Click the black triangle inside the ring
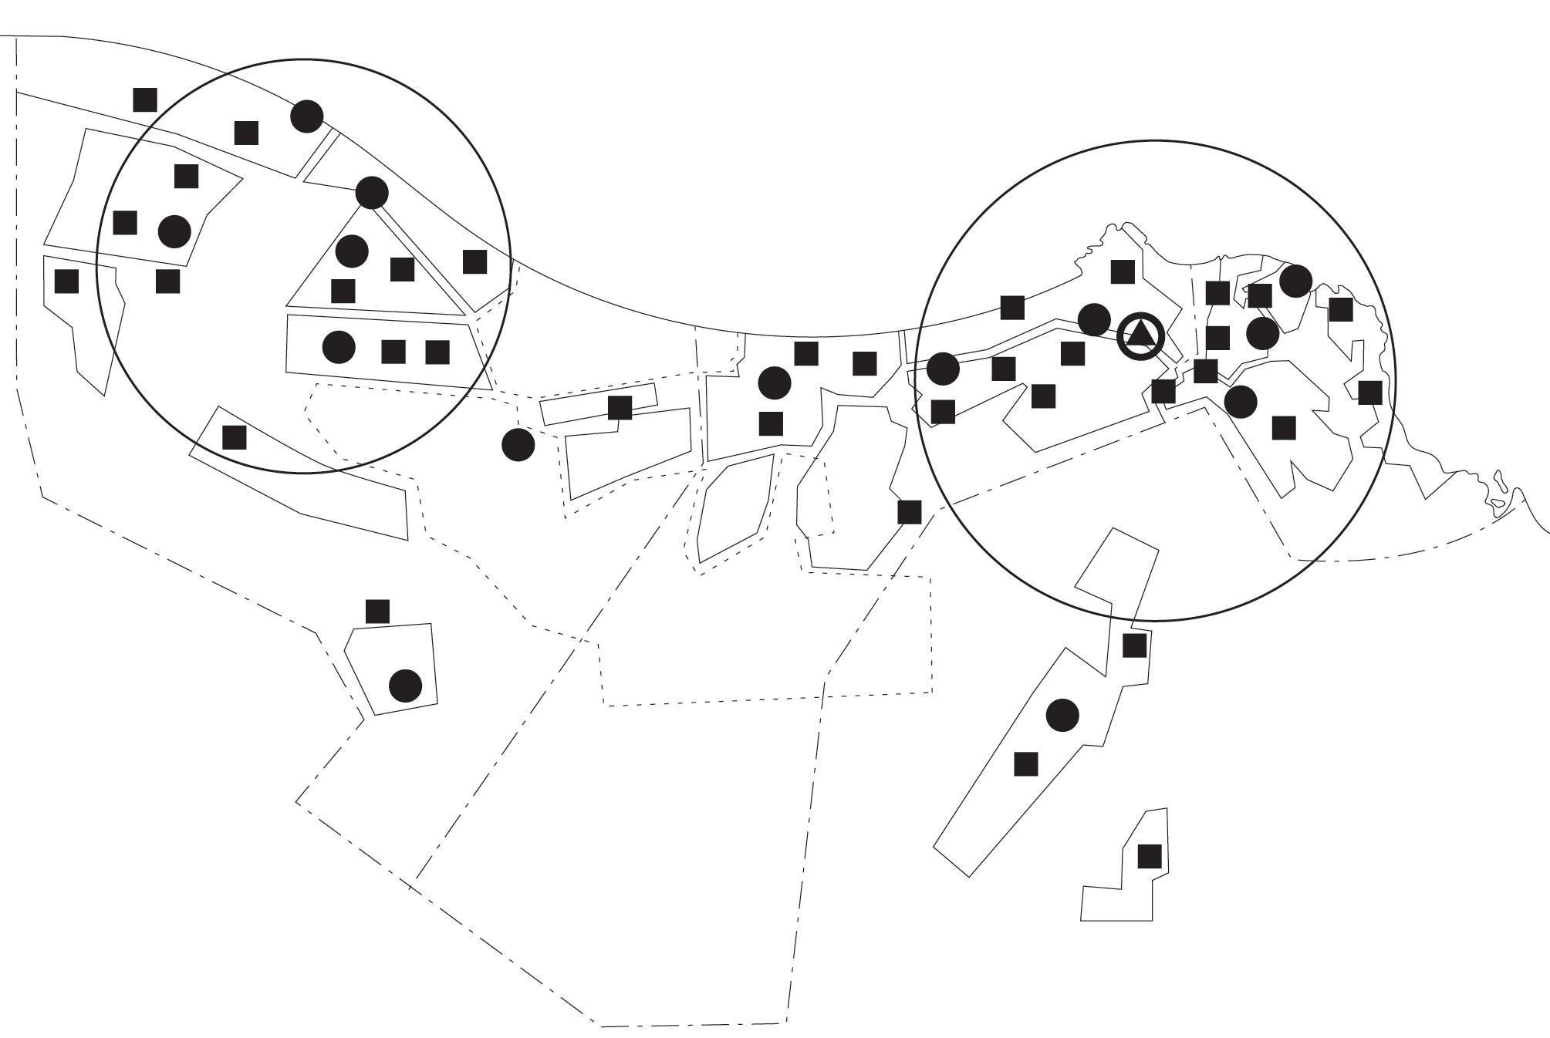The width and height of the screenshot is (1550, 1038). [1140, 335]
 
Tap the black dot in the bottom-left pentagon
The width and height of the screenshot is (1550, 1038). [405, 686]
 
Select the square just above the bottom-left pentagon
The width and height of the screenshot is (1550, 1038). [377, 612]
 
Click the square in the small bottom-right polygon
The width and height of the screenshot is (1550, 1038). [1150, 856]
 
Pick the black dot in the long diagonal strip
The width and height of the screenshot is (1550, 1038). [1062, 715]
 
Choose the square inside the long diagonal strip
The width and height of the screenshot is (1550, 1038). [1025, 763]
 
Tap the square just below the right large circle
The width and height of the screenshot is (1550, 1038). [1134, 645]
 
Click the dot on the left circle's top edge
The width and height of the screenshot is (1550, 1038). [306, 116]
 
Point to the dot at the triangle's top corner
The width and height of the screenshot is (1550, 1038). [372, 192]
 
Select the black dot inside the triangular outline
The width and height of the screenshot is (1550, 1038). [352, 250]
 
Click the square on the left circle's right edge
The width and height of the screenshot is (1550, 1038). [474, 261]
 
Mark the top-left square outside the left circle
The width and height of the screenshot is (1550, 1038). [145, 99]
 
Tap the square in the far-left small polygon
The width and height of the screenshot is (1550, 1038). [66, 281]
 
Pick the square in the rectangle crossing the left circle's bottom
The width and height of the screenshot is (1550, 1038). [234, 437]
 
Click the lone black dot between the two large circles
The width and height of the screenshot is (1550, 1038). [518, 444]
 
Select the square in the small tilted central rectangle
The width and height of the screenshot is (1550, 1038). [620, 408]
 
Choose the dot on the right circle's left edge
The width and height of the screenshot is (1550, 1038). [942, 369]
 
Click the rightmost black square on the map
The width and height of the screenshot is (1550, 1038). [1369, 393]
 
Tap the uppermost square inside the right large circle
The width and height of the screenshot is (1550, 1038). [1122, 271]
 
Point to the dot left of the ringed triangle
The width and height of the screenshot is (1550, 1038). [1093, 319]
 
